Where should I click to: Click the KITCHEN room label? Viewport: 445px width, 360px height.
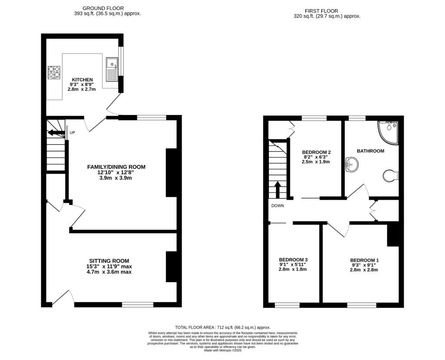pos(82,80)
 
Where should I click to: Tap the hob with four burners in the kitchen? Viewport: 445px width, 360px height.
pos(54,72)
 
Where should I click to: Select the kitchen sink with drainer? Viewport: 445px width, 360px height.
pos(112,69)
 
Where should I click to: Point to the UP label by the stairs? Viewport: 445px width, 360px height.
pos(73,132)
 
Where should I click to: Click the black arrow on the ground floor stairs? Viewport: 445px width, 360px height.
pos(56,132)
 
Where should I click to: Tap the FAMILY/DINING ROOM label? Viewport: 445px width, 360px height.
pos(116,167)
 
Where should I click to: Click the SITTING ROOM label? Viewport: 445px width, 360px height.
pos(109,261)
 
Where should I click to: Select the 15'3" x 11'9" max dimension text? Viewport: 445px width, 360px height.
pos(109,266)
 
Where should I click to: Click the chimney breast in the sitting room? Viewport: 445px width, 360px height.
pos(171,267)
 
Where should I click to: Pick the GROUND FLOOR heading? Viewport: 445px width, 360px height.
pos(103,9)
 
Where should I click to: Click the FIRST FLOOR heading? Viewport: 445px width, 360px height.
pos(322,11)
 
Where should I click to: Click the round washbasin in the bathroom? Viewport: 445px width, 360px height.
pos(352,165)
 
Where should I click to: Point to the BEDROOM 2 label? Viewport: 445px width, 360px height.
pos(316,152)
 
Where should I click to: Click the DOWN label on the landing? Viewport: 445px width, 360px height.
pos(278,206)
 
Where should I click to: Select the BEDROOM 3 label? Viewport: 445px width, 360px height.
pos(293,260)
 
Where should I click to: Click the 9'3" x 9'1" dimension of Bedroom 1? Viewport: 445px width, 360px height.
pos(365,265)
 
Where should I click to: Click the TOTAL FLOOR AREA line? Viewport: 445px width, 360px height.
pos(223,327)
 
